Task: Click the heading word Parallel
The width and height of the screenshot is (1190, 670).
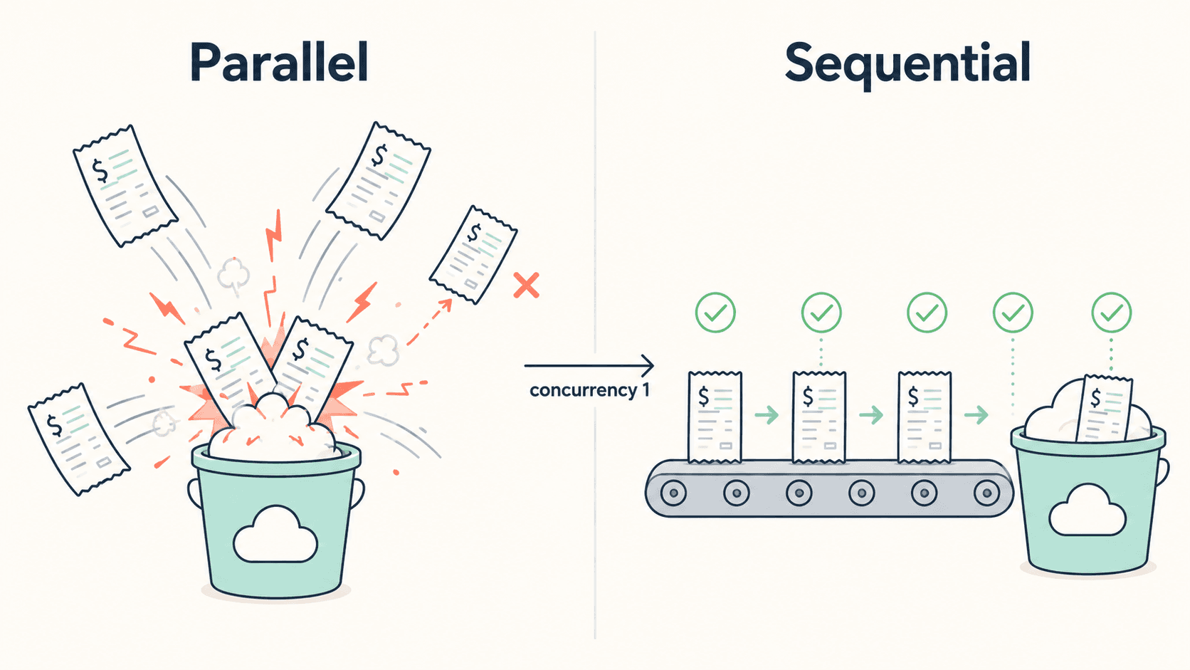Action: tap(279, 62)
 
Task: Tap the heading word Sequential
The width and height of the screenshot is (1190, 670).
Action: tap(907, 64)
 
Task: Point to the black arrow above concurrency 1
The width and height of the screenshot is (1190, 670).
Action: tap(589, 365)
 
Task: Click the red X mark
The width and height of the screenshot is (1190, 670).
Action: tap(526, 286)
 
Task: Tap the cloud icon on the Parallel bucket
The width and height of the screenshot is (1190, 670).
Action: tap(275, 535)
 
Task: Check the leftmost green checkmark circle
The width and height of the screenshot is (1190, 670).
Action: tap(715, 313)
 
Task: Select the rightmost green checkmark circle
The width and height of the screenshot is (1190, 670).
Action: tap(1112, 313)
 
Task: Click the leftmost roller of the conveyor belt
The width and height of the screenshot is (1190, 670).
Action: tap(673, 493)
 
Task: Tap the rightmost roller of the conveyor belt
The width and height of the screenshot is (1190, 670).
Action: tap(986, 493)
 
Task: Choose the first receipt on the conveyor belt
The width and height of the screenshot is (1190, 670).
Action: tap(715, 417)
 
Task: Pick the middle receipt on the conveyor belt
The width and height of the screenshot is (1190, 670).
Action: tap(818, 417)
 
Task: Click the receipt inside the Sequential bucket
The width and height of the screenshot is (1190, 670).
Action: tap(1104, 408)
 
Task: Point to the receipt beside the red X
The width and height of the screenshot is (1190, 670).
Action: tap(473, 255)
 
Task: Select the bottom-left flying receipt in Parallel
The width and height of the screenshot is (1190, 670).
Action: tap(78, 439)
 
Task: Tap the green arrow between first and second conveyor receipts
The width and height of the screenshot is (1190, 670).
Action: tap(767, 414)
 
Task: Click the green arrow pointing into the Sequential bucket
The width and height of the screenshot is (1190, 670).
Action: tap(976, 414)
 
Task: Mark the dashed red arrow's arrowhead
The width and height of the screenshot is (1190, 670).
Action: tap(446, 305)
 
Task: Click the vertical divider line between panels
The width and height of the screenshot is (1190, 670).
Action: tap(595, 335)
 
